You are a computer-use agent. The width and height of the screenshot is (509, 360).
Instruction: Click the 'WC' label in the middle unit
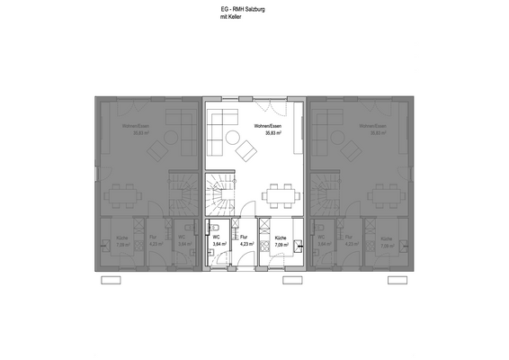click(217, 237)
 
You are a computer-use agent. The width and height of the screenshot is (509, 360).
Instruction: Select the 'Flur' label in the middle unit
click(244, 237)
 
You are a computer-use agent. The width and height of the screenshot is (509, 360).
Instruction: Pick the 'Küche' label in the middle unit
click(281, 237)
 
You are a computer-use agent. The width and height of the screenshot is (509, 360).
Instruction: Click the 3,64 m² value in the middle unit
click(219, 244)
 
